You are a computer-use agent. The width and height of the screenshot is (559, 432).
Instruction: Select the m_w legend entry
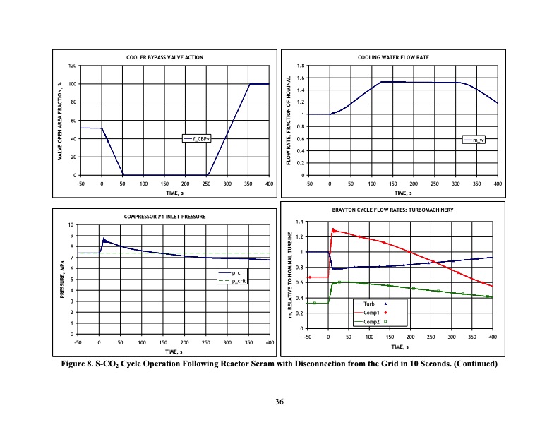pos(479,140)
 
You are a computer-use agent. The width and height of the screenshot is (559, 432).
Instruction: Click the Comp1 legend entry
pos(374,311)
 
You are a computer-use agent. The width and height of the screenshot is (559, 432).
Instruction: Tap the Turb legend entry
pos(372,303)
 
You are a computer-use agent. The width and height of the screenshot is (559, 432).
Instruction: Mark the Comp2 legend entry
pos(374,320)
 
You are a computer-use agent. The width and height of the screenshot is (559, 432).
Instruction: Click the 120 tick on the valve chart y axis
pos(71,66)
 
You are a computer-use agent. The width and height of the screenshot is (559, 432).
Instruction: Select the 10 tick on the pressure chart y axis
pos(70,224)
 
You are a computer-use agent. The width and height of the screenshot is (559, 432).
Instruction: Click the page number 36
pos(279,402)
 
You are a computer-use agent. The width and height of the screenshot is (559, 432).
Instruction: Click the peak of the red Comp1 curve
pos(333,229)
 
